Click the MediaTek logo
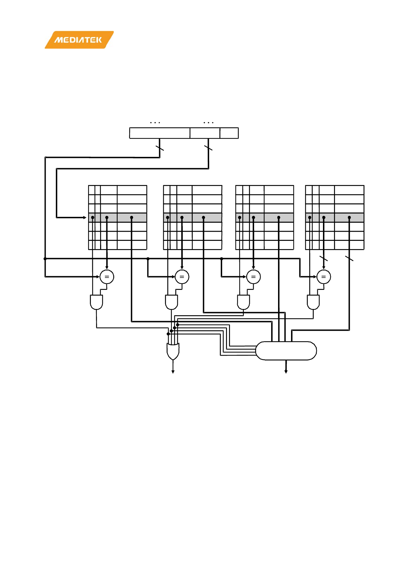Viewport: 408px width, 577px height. point(79,40)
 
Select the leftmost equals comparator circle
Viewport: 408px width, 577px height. point(107,277)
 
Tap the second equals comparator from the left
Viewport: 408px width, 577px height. point(182,277)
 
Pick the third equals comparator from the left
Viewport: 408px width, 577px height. point(253,277)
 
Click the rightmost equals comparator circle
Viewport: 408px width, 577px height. point(324,277)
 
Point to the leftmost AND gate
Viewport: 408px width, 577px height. point(96,302)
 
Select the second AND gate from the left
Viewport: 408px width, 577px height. point(171,302)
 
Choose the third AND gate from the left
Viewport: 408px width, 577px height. point(243,302)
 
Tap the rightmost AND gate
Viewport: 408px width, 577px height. point(313,302)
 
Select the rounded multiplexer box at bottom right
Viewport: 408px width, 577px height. point(286,351)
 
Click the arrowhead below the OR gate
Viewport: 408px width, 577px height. point(173,372)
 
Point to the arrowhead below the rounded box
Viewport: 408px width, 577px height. point(286,372)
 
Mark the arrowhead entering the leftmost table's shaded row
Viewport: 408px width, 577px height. point(85,217)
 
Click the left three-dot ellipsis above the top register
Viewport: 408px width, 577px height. point(155,122)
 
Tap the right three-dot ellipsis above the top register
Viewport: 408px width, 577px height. point(208,122)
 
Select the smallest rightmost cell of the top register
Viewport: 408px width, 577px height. point(229,133)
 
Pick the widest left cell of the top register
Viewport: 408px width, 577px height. point(159,133)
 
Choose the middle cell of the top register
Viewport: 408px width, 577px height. point(205,133)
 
